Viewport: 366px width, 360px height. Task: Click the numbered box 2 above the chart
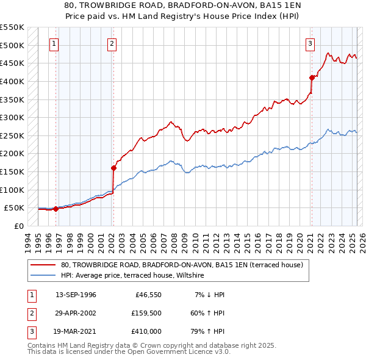113,43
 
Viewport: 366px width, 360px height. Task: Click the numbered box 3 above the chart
310,43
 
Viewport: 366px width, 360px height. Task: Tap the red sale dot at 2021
312,77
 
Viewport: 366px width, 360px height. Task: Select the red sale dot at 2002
113,168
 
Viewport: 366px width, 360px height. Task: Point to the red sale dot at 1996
56,209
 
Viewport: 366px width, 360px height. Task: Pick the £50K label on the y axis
14,208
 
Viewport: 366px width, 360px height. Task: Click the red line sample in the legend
44,265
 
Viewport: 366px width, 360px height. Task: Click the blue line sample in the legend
44,276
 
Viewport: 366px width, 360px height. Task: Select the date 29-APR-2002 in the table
76,313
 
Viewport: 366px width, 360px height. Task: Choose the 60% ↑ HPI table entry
208,313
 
